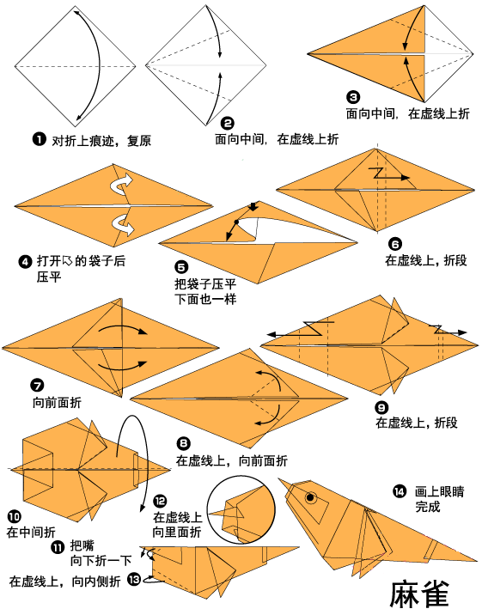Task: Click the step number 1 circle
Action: (x=38, y=139)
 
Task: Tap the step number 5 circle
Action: (x=180, y=267)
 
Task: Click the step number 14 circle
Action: (x=399, y=491)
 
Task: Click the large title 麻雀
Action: (x=420, y=593)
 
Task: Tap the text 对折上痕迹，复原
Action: (x=101, y=140)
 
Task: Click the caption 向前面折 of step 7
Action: (x=57, y=402)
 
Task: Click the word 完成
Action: (x=427, y=507)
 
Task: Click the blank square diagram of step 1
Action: (x=76, y=65)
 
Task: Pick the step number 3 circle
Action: (x=353, y=98)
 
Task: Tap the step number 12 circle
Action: (x=160, y=501)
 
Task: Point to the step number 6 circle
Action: (x=394, y=243)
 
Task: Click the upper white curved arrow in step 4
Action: (x=123, y=182)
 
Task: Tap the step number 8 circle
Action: (x=183, y=443)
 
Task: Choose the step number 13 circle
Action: (x=133, y=580)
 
